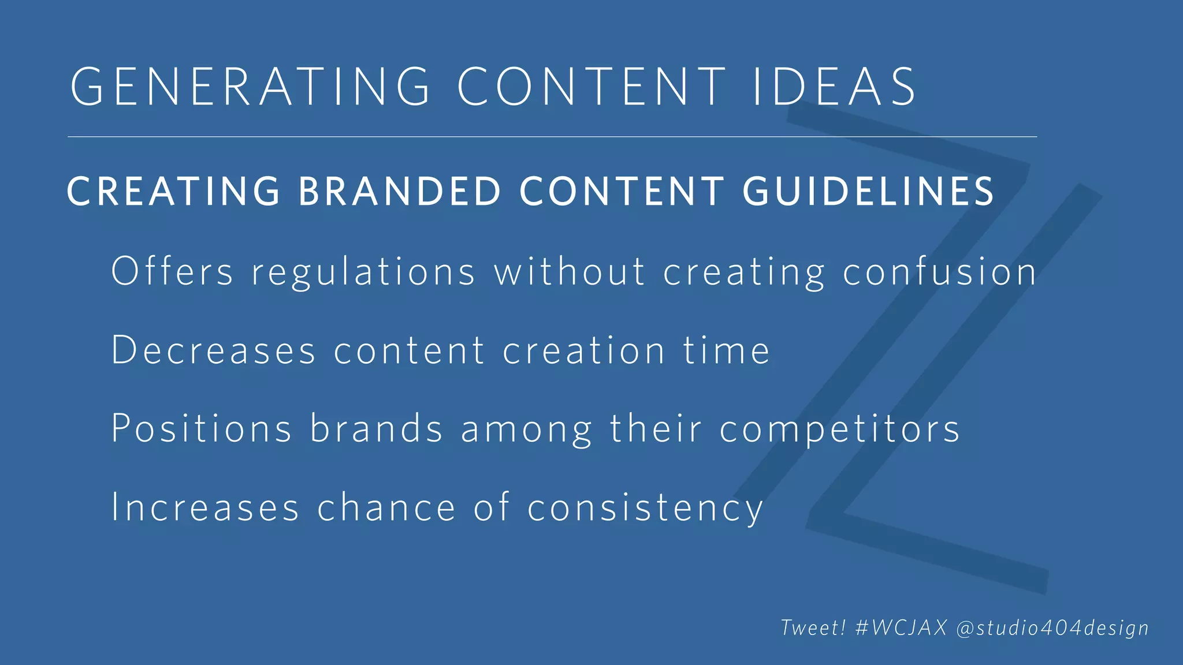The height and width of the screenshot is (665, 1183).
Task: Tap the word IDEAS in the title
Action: point(834,87)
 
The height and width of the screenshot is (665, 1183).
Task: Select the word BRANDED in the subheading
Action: point(400,192)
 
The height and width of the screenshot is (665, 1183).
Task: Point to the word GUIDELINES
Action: point(868,192)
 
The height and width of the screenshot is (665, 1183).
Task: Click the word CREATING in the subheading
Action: point(174,192)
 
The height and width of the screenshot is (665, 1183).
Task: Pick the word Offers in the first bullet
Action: point(172,271)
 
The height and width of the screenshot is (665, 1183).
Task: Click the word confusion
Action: point(939,272)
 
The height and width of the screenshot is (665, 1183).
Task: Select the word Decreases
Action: point(214,350)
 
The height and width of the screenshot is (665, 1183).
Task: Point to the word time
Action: point(727,350)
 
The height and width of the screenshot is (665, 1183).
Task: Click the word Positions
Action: point(202,428)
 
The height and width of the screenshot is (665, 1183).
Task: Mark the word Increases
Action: point(205,507)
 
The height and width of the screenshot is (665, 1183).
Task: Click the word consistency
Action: point(645,508)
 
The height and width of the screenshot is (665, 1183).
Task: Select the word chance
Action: point(386,507)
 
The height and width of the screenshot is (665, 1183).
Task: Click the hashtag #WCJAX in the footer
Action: point(901,627)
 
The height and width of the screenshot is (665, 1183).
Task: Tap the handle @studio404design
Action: point(1052,628)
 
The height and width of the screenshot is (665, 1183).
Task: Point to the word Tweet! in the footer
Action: point(813,627)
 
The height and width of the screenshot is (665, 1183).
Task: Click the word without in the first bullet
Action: point(569,271)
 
